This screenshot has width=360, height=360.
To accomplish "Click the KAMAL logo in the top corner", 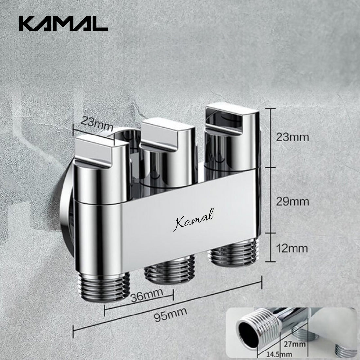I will (x=63, y=24).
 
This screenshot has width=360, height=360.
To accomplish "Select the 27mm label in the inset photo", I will (x=297, y=344).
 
